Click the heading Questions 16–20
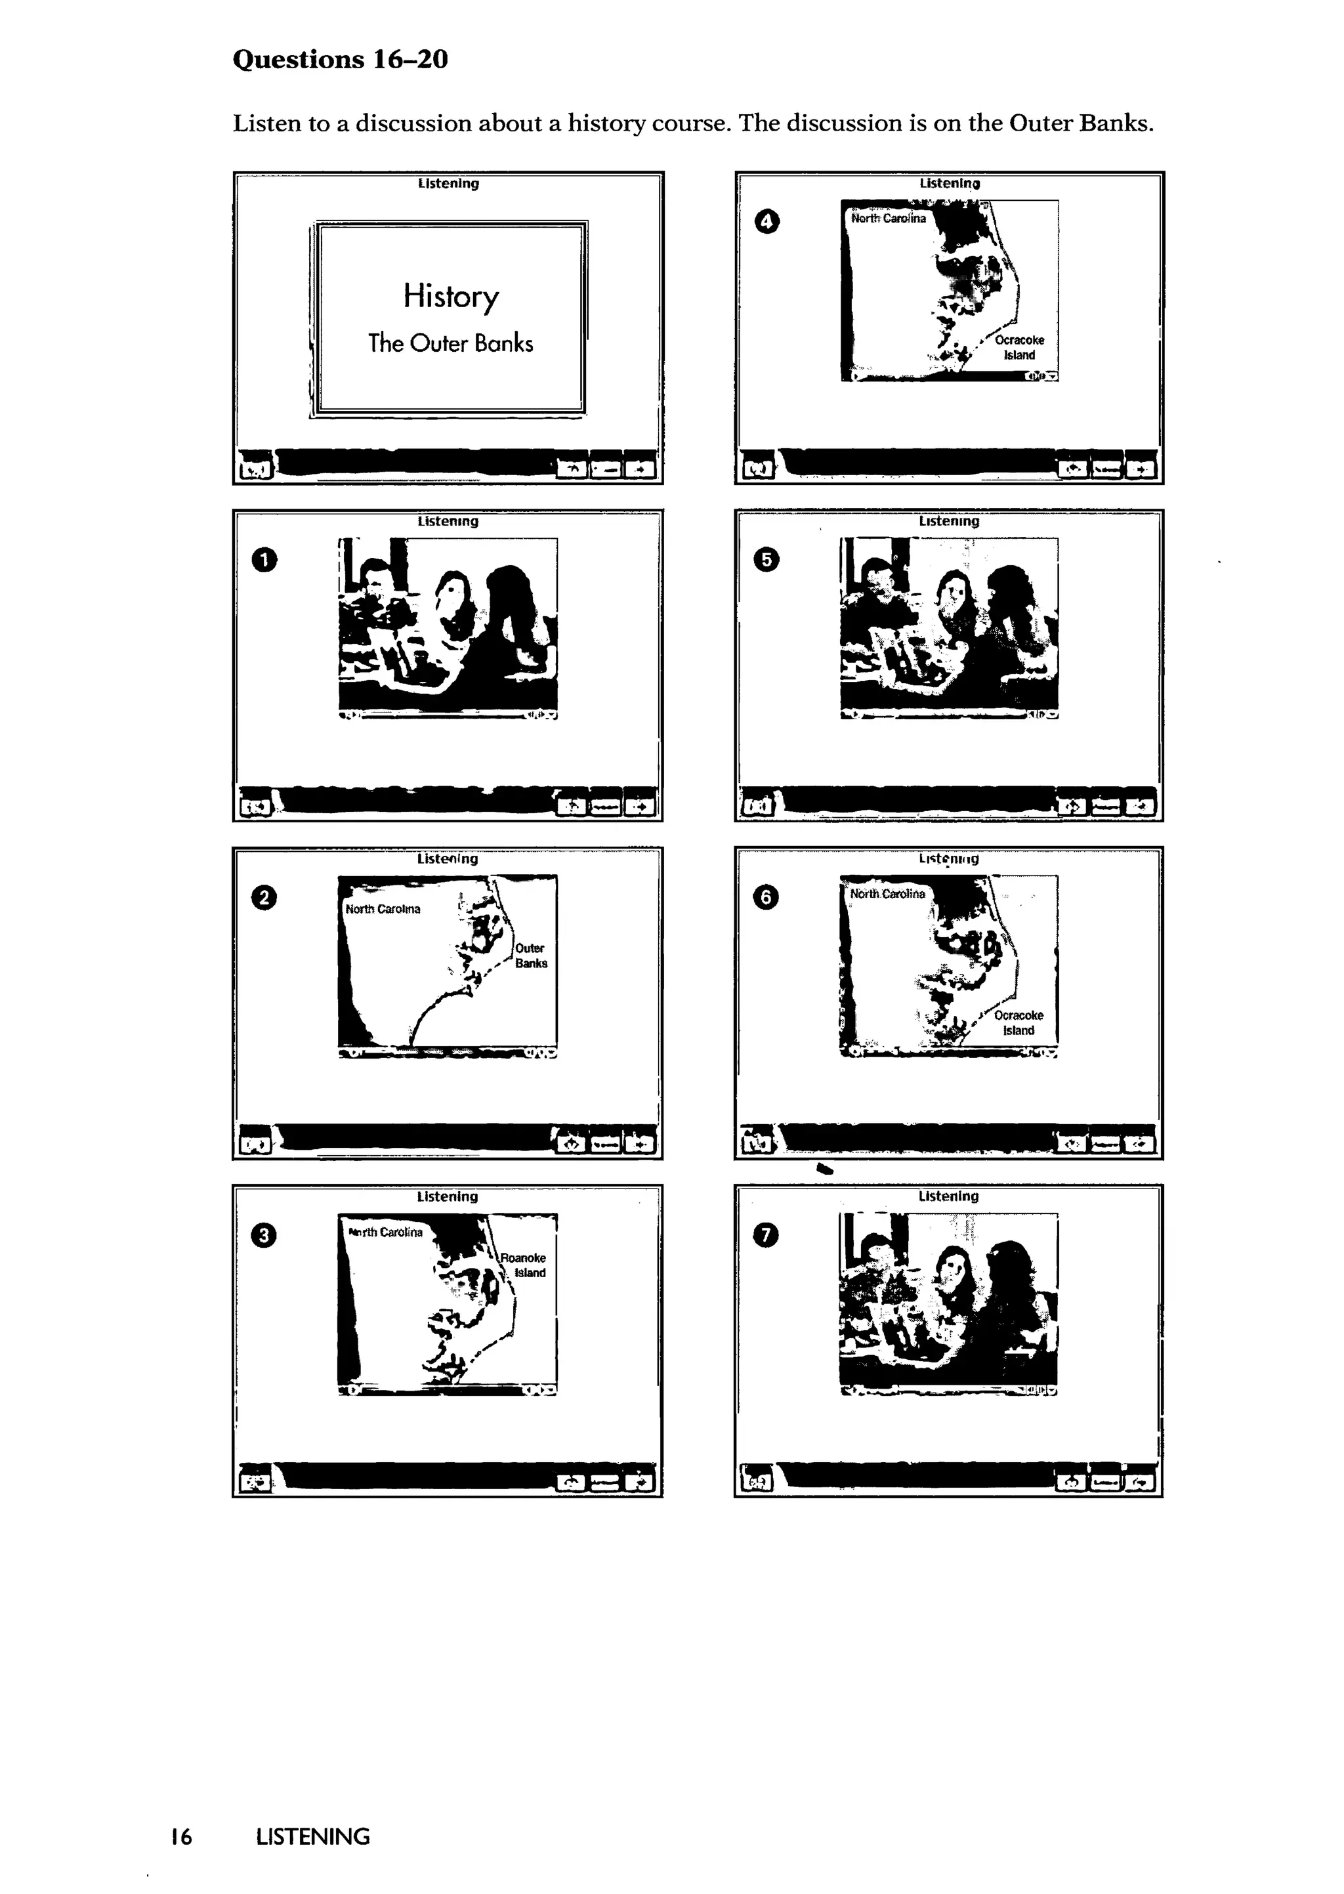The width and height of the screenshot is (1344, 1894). (340, 60)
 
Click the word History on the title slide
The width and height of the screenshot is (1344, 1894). (451, 296)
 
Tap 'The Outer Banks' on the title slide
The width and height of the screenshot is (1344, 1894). (450, 343)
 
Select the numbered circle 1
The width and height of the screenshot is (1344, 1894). (264, 560)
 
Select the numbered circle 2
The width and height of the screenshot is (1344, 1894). (264, 898)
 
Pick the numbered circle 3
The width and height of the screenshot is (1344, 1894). (264, 1235)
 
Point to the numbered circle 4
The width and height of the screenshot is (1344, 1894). (766, 222)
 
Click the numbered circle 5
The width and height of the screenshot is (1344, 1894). (766, 560)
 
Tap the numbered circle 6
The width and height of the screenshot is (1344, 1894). (766, 898)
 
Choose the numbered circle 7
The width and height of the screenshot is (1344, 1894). (766, 1235)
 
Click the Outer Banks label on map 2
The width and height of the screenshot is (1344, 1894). (530, 956)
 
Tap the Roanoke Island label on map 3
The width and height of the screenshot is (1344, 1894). (523, 1265)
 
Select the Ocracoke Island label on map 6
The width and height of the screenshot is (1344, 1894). (1018, 1022)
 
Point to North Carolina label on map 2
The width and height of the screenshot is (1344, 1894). (383, 908)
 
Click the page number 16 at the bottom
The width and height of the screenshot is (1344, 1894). (181, 1836)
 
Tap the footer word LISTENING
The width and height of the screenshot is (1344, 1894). (313, 1836)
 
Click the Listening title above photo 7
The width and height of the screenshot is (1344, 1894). (948, 1196)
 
